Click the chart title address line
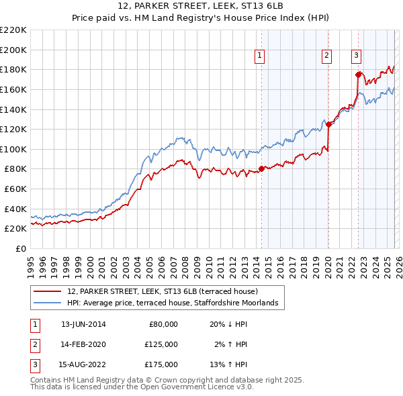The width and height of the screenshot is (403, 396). coord(201,6)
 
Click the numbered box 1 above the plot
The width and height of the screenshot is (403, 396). coord(259,56)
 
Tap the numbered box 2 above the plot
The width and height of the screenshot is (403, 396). coord(326,56)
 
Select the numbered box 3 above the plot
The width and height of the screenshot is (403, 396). coord(356,56)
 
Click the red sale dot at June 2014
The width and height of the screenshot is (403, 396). coord(261,168)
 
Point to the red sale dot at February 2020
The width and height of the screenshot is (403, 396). coord(328,123)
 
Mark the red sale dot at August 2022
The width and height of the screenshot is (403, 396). coord(358,74)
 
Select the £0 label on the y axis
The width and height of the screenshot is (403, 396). coord(20,248)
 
